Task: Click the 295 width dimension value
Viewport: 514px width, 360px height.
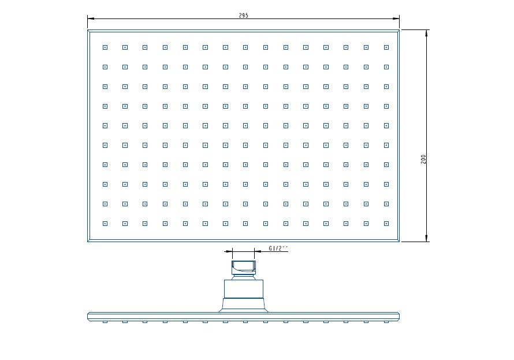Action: [244, 16]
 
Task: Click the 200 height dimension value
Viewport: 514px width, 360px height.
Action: [423, 159]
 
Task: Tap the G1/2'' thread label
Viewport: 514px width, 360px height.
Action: [278, 248]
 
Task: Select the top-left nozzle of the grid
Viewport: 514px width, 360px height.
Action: [105, 47]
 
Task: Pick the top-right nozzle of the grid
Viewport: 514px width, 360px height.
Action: [386, 47]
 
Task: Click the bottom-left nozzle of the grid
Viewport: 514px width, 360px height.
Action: [105, 224]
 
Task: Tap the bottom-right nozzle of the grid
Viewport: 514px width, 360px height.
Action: [386, 224]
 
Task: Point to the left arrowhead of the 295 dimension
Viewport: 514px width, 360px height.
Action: [91, 18]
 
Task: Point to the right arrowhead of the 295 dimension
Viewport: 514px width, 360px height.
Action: [396, 18]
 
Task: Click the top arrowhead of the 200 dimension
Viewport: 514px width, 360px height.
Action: [426, 33]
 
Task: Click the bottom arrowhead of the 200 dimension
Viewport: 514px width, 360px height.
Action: [426, 238]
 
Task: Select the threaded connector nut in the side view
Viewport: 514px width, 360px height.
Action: [244, 268]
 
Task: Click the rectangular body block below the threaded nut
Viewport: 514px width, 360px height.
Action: [244, 289]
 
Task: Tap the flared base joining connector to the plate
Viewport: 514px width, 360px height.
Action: [244, 305]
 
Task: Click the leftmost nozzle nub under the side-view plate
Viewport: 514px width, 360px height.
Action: [105, 322]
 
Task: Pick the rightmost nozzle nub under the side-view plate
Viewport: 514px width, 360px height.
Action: [386, 322]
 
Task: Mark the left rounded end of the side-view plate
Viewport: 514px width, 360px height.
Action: [88, 317]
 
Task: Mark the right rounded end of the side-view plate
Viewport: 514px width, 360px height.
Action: [398, 317]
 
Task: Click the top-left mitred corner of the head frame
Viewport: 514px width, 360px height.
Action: [88, 31]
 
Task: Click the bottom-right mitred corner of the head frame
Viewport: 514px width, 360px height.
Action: [398, 240]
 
